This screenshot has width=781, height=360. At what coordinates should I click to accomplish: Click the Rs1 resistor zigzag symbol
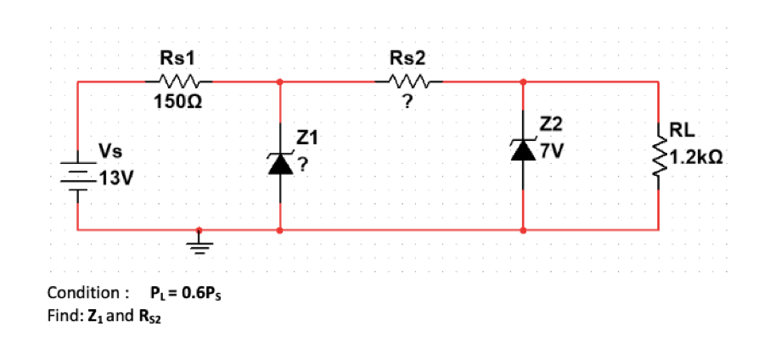pyautogui.click(x=180, y=82)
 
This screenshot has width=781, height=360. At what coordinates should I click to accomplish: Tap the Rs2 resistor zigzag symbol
pyautogui.click(x=409, y=82)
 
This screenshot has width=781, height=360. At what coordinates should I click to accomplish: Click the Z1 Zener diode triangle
pyautogui.click(x=280, y=165)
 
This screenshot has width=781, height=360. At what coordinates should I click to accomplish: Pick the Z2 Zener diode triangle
pyautogui.click(x=523, y=150)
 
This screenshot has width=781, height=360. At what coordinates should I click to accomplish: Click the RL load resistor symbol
pyautogui.click(x=659, y=155)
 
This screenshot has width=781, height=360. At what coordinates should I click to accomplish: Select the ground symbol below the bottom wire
pyautogui.click(x=199, y=245)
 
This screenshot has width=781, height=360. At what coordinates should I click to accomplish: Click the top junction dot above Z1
pyautogui.click(x=280, y=82)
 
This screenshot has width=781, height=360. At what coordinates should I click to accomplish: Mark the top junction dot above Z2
pyautogui.click(x=523, y=82)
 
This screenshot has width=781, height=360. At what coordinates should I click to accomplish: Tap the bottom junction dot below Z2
pyautogui.click(x=523, y=229)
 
